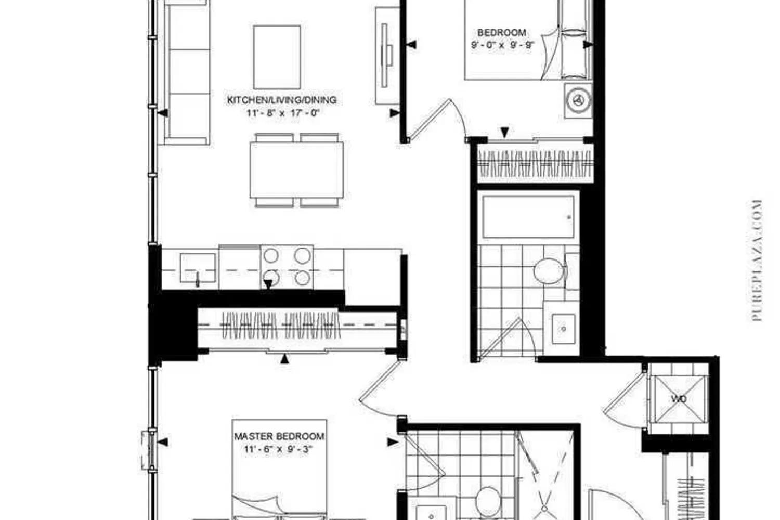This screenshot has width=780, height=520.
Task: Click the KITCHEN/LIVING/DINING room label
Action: coord(282,100)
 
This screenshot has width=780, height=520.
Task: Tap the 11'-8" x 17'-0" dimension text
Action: coord(283,113)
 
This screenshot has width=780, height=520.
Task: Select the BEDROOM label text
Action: coord(502,33)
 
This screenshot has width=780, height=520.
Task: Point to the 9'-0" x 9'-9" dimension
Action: coord(502,45)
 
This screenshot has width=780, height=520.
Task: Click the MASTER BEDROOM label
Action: coord(279,436)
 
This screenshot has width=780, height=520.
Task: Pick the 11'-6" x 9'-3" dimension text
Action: coord(279,449)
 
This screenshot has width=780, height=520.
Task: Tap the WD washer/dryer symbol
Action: coord(679,399)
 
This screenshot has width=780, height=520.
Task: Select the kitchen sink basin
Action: coord(198,267)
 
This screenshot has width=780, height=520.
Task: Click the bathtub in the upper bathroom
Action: coord(528,217)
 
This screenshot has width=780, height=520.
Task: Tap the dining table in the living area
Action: coord(297,170)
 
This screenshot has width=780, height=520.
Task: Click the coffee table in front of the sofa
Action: coord(277,57)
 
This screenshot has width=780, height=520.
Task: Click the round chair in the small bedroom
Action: coord(578,100)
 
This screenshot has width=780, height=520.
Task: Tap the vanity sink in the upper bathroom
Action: coord(563,329)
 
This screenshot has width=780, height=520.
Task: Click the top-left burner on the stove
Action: coord(271,256)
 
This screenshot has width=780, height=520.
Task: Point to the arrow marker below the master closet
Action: coord(285,359)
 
